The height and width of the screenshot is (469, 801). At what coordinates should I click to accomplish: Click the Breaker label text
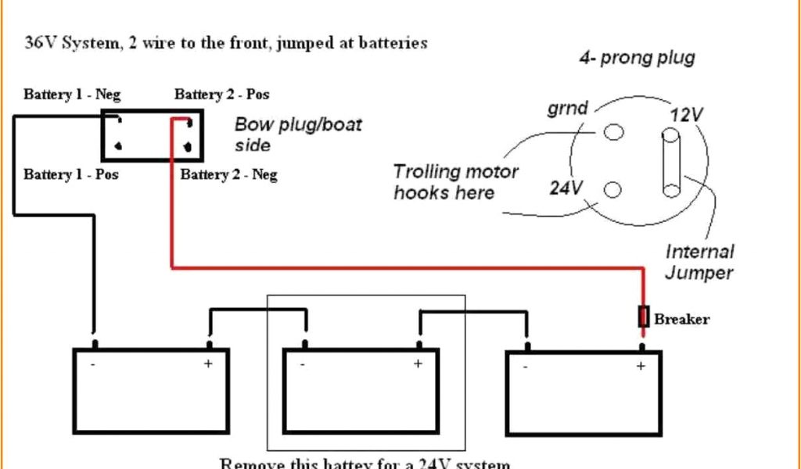coord(681,319)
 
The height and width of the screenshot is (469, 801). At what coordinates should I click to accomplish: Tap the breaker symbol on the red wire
coord(644,317)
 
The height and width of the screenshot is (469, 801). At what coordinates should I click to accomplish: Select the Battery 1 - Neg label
coord(72,95)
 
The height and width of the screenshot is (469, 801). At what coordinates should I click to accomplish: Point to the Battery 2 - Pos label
coord(222,95)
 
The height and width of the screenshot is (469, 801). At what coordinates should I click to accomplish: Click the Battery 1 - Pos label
coord(71,174)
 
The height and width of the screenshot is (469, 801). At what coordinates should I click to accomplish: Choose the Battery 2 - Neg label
coord(228,174)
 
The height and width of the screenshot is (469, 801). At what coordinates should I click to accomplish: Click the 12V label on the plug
coord(686,115)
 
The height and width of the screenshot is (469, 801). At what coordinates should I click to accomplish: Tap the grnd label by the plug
coord(567,108)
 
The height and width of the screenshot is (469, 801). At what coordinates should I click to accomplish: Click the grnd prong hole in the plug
coord(614,132)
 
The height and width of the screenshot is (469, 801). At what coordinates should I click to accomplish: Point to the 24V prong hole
coord(612,189)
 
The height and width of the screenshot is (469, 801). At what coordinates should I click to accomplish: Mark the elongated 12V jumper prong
coord(671,163)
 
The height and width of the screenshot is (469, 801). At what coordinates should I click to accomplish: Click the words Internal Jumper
coord(699,262)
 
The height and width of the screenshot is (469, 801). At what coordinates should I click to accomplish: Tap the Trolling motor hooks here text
coord(455,182)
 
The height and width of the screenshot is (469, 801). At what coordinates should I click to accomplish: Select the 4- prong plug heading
coord(637,58)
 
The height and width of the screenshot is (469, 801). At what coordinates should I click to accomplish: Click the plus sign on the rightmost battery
coord(641,366)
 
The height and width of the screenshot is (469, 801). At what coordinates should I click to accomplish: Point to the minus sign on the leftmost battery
coord(93,363)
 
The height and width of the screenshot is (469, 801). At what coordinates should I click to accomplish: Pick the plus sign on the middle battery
coord(418,363)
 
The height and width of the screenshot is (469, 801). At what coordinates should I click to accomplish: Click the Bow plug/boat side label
coord(298,134)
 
